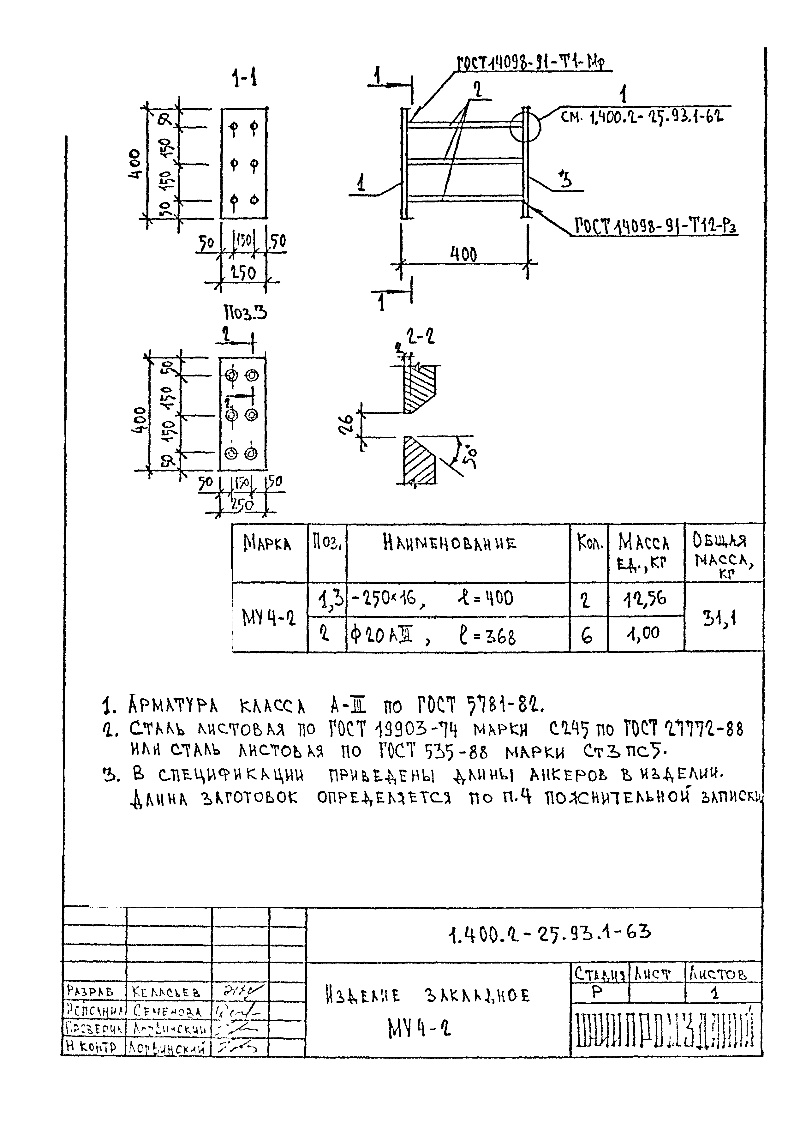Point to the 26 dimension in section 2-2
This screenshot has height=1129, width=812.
pyautogui.click(x=348, y=424)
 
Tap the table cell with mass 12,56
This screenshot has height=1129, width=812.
pyautogui.click(x=646, y=598)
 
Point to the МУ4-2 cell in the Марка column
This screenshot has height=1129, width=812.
pyautogui.click(x=269, y=618)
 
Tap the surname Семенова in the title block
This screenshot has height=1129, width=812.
pyautogui.click(x=167, y=1012)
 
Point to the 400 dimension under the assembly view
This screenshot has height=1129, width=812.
pyautogui.click(x=463, y=255)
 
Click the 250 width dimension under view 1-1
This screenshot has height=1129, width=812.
pyautogui.click(x=244, y=273)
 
